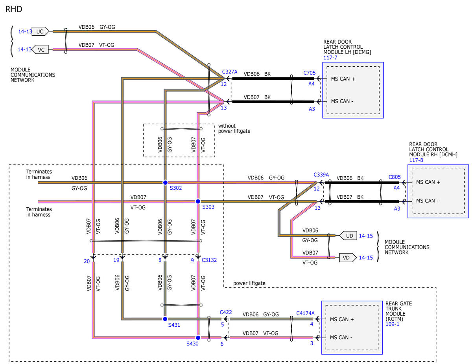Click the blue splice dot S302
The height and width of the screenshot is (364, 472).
tap(165, 183)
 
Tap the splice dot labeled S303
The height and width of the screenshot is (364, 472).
tap(198, 201)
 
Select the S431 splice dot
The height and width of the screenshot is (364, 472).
tap(165, 319)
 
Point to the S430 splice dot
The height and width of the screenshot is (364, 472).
tap(198, 338)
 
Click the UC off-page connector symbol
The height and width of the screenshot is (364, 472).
tap(40, 31)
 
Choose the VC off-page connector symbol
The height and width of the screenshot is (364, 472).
tap(40, 49)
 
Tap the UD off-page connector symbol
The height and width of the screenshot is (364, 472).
tap(348, 236)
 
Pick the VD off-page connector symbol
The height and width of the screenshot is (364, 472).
tap(348, 258)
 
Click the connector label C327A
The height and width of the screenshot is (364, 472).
tap(230, 72)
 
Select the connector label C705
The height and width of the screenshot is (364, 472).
tap(309, 73)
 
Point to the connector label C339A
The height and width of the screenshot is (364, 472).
tap(321, 174)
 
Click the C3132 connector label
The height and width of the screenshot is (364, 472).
tap(209, 260)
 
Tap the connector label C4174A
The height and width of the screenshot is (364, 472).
tap(305, 313)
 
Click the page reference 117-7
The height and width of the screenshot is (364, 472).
tap(330, 58)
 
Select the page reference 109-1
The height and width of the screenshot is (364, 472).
tap(392, 324)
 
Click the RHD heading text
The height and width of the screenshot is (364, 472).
tap(14, 9)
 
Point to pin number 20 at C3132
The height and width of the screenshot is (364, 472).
tap(87, 261)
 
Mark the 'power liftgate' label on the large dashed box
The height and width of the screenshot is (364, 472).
tap(249, 283)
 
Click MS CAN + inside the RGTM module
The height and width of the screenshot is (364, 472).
tap(342, 319)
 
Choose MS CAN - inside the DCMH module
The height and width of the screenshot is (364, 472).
tap(427, 201)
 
